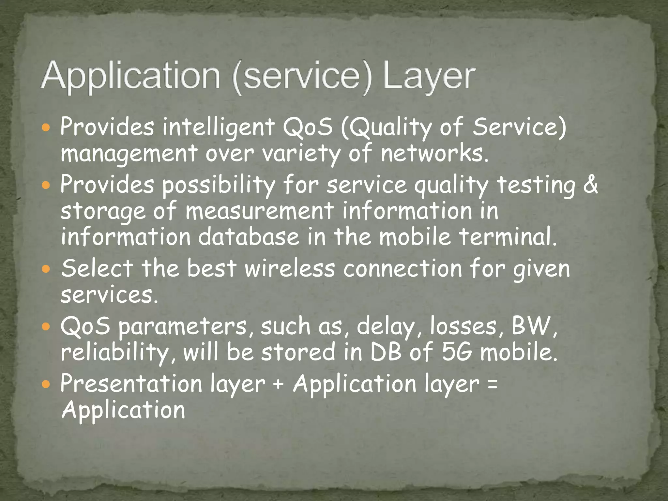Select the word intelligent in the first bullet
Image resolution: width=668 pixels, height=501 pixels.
(219, 127)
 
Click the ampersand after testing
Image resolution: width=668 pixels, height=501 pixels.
(590, 185)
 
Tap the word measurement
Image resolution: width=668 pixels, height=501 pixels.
(259, 211)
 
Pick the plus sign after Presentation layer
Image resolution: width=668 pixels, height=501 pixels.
(278, 384)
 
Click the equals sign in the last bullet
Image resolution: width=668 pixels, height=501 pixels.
(493, 384)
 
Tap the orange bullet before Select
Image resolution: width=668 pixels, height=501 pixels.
(46, 269)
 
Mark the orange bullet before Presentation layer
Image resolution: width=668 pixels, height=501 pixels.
(46, 384)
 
